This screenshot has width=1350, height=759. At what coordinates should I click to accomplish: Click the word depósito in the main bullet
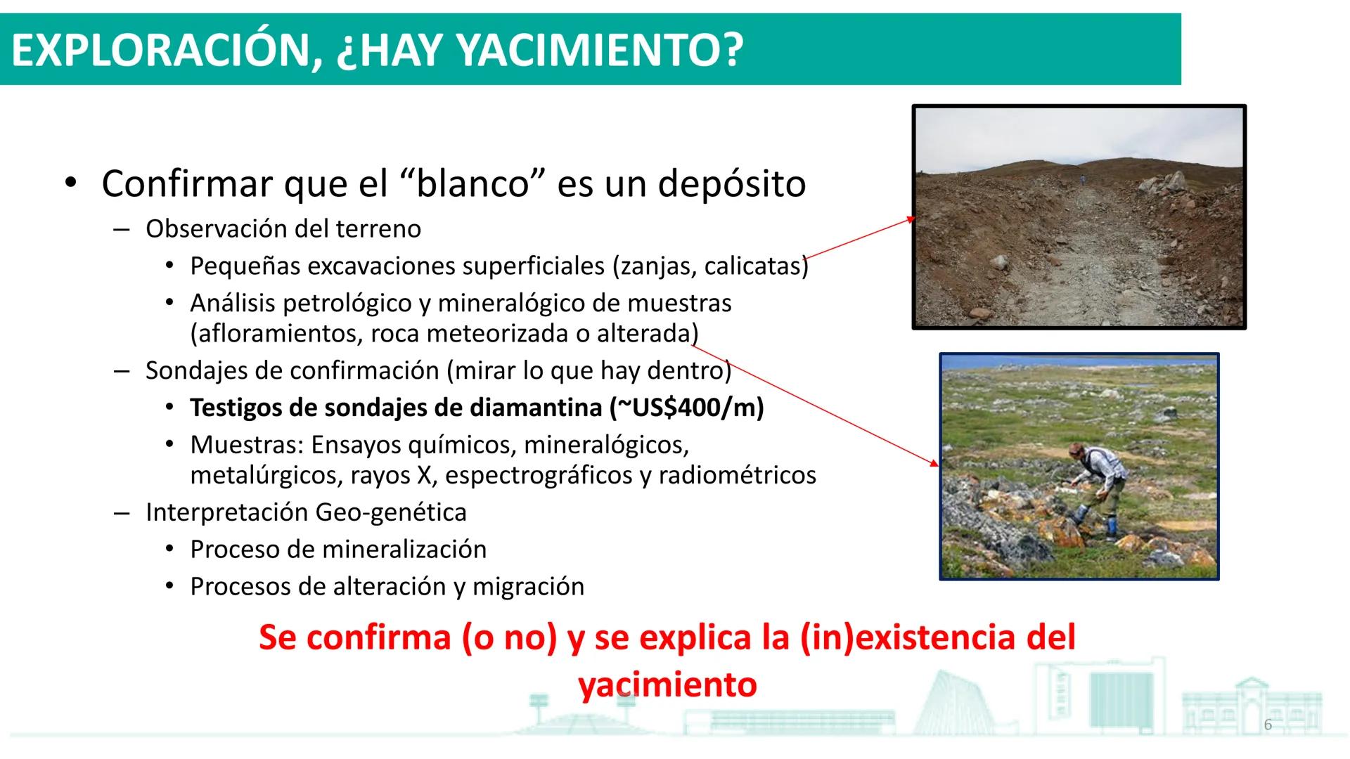pos(731,183)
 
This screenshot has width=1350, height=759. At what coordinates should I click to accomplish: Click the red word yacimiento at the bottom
pos(667,684)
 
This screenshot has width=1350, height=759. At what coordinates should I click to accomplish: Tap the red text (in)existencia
pos(908,638)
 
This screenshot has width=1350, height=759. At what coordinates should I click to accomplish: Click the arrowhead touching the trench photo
pos(911,219)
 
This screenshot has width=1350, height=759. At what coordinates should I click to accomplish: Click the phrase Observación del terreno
pos(283,229)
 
